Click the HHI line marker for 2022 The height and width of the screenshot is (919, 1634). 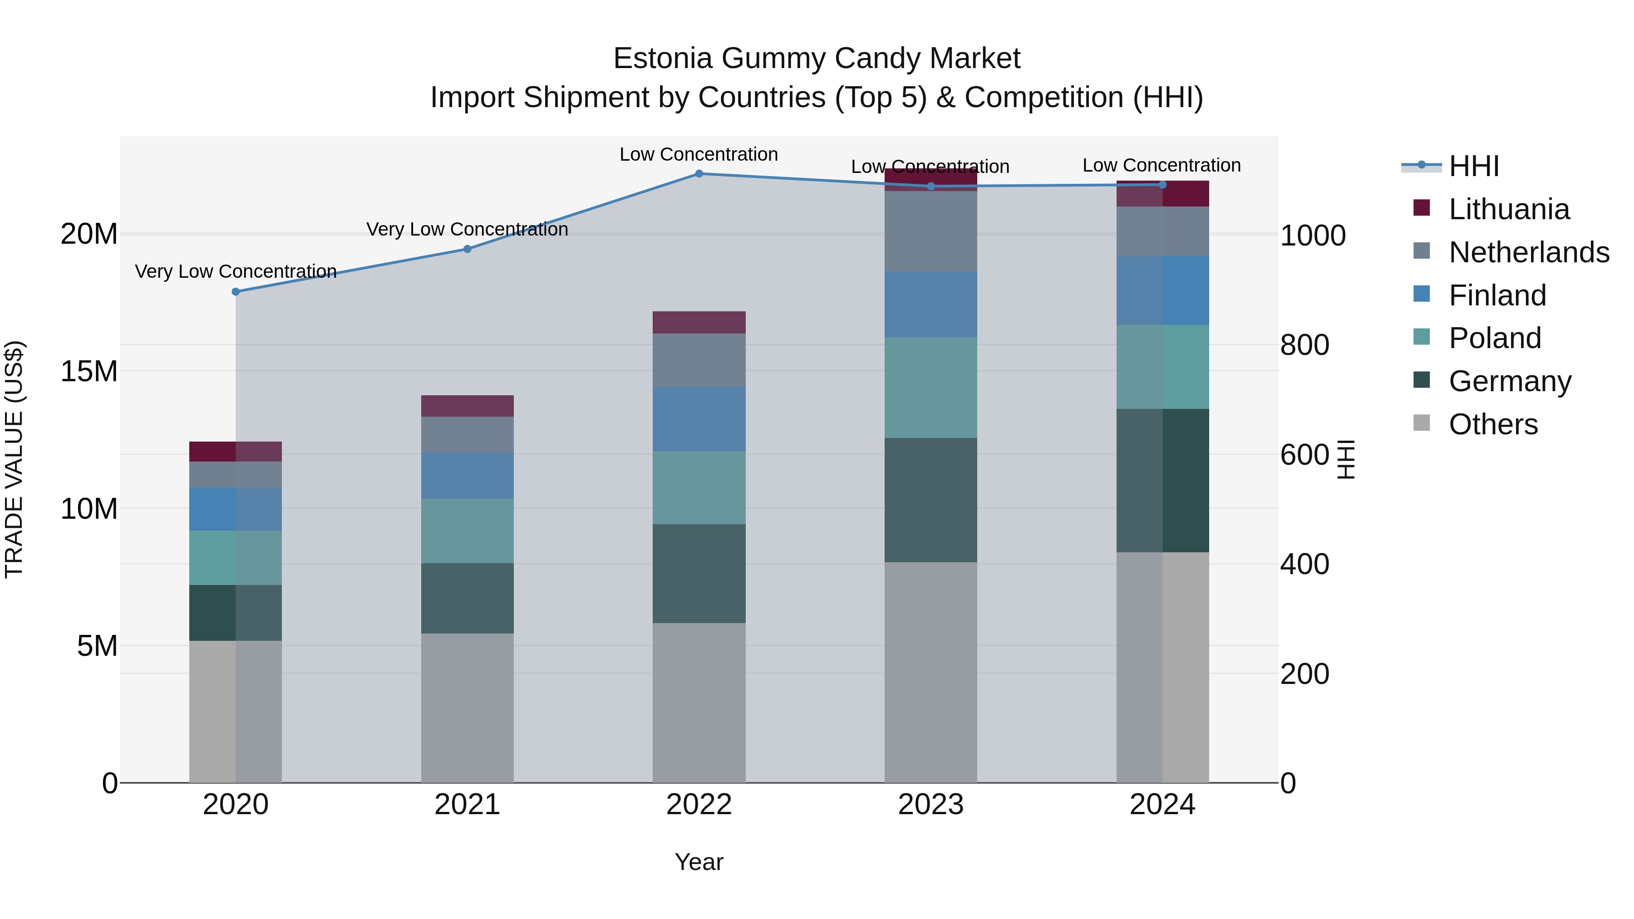click(699, 173)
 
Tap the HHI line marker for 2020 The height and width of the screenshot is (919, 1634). click(235, 292)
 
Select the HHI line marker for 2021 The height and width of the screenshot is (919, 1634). click(468, 249)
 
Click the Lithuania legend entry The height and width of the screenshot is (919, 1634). click(1508, 209)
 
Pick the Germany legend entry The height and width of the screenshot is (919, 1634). click(1510, 381)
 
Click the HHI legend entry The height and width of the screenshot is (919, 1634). click(1473, 166)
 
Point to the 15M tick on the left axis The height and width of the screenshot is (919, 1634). click(89, 371)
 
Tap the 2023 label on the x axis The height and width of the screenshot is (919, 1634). click(930, 805)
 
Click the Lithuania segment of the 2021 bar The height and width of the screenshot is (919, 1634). click(468, 406)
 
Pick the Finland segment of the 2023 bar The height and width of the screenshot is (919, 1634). click(930, 305)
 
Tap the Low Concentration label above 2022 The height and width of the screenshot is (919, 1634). click(699, 154)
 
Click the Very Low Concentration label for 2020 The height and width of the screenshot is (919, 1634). click(235, 271)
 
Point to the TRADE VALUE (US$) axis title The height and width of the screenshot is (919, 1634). click(14, 459)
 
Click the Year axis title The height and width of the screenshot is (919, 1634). click(699, 862)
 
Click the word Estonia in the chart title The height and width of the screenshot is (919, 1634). click(662, 59)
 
